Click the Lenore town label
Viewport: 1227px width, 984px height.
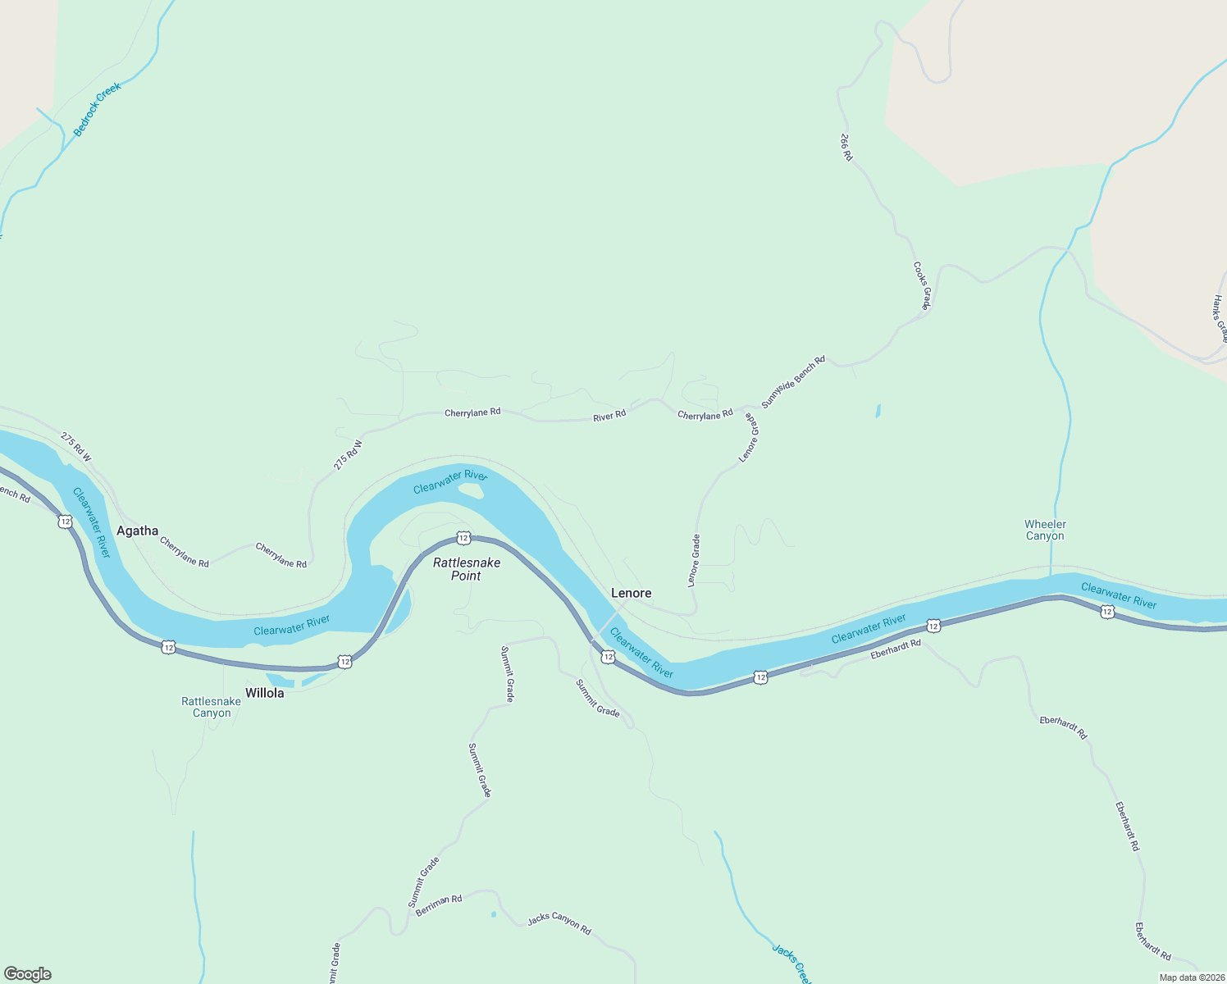(x=631, y=593)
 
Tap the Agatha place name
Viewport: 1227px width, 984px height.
(x=137, y=531)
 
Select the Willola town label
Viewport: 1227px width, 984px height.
(x=264, y=693)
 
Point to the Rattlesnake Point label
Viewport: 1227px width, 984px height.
(x=467, y=569)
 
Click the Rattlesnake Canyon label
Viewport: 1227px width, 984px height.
(x=212, y=707)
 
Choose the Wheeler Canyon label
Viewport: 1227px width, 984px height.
(x=1045, y=530)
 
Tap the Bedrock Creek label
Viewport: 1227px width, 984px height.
(x=97, y=109)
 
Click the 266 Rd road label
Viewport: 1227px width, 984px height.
(x=846, y=147)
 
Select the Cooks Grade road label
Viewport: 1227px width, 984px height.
(x=923, y=286)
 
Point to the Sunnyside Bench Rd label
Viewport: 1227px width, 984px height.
(x=793, y=382)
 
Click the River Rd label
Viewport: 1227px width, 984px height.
(x=609, y=416)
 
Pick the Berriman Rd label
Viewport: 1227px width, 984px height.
(x=439, y=905)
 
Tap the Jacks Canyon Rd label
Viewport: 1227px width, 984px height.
(x=559, y=923)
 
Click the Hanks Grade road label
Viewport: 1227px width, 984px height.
(x=1220, y=318)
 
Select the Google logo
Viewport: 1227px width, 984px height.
(x=28, y=974)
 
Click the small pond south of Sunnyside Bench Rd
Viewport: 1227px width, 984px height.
(x=878, y=411)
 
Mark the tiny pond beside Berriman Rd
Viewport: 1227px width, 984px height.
(x=493, y=913)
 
